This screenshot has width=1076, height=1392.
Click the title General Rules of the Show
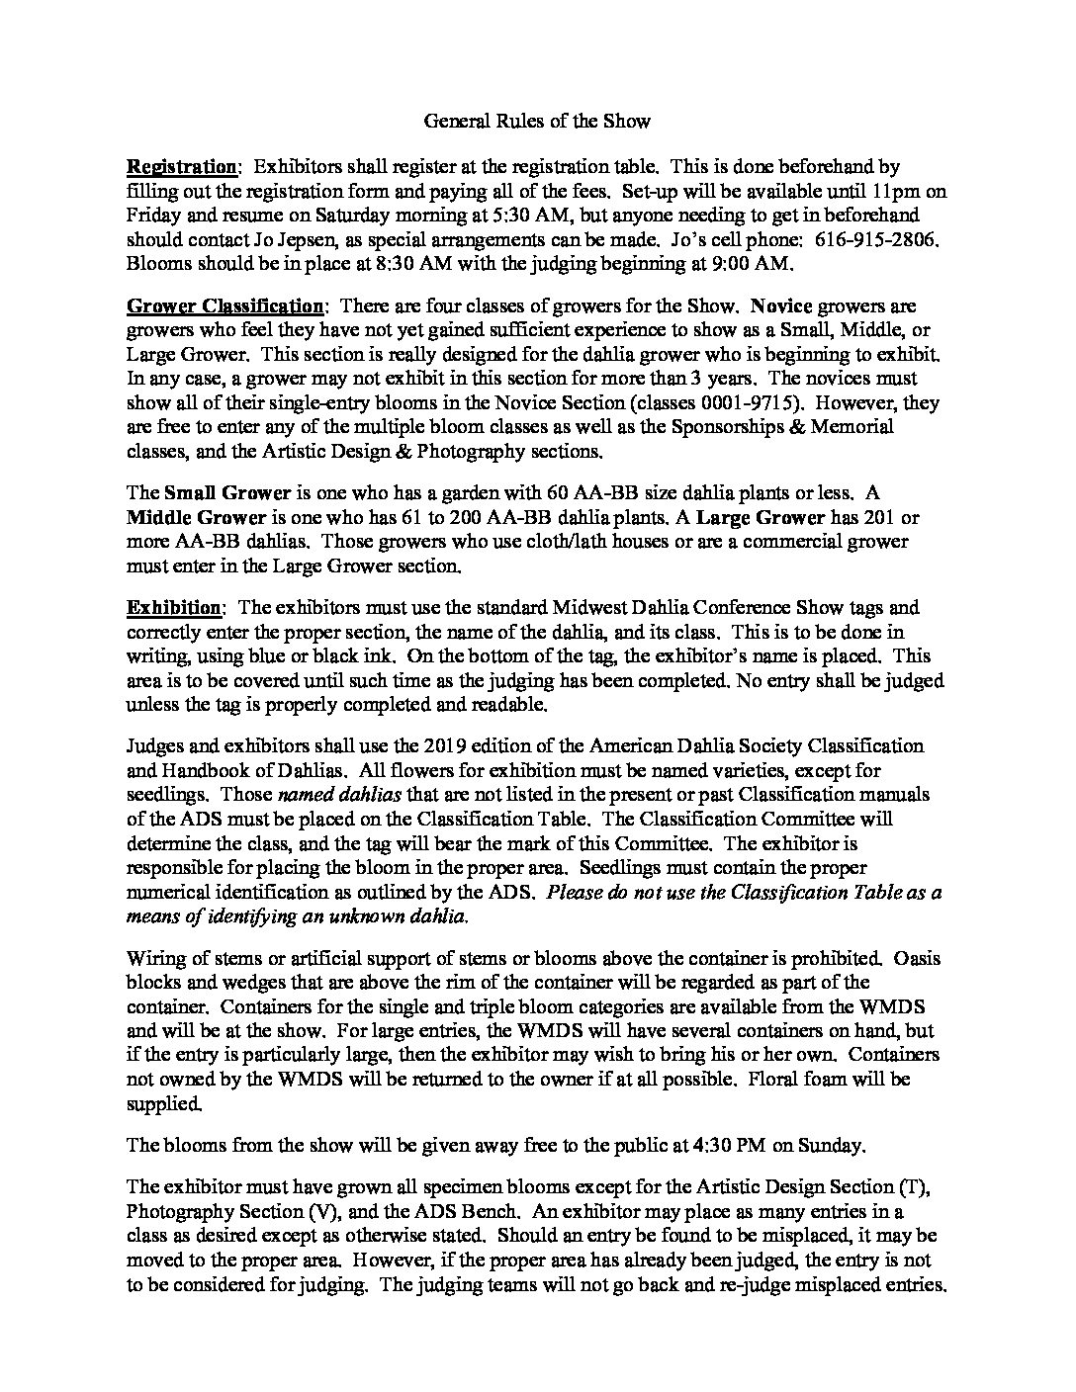537,122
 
